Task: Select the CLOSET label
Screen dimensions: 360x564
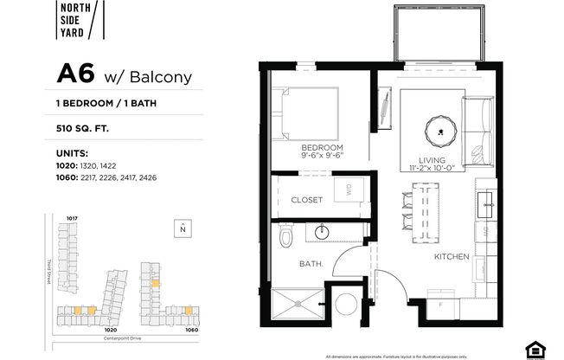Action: click(306, 199)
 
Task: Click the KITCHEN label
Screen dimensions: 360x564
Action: click(452, 257)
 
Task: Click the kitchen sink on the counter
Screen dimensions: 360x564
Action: click(484, 205)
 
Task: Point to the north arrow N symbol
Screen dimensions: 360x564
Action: click(182, 228)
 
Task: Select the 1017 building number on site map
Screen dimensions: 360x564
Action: click(73, 217)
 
